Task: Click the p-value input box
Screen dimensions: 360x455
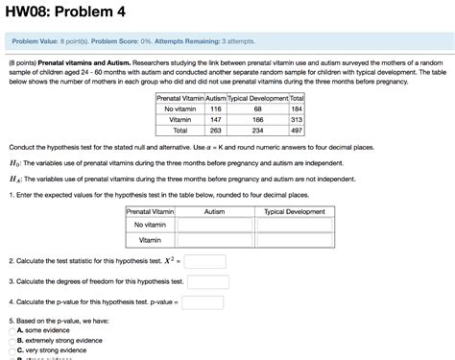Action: [x=208, y=301]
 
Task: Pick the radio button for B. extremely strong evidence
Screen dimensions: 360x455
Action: [x=13, y=340]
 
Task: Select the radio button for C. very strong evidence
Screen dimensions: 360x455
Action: [x=13, y=349]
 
